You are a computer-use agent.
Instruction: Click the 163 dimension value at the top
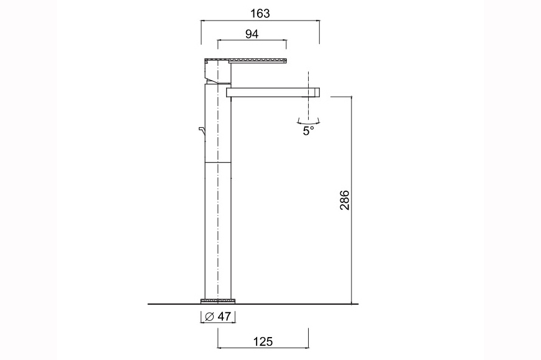pyautogui.click(x=260, y=12)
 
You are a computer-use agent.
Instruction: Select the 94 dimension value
pyautogui.click(x=252, y=34)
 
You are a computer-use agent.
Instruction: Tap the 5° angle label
pyautogui.click(x=309, y=132)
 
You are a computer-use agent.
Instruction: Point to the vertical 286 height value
pyautogui.click(x=345, y=200)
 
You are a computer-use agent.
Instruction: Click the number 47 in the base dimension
pyautogui.click(x=224, y=317)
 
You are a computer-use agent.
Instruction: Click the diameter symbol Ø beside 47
pyautogui.click(x=210, y=317)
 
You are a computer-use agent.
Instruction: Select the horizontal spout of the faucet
pyautogui.click(x=270, y=92)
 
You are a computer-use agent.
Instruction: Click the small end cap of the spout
pyautogui.click(x=316, y=92)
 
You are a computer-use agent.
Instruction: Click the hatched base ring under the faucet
pyautogui.click(x=218, y=301)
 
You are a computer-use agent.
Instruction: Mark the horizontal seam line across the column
pyautogui.click(x=218, y=161)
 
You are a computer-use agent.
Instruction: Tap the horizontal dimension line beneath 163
pyautogui.click(x=260, y=21)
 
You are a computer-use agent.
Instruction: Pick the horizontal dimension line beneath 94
pyautogui.click(x=252, y=42)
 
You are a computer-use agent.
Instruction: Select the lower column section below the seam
pyautogui.click(x=218, y=230)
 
